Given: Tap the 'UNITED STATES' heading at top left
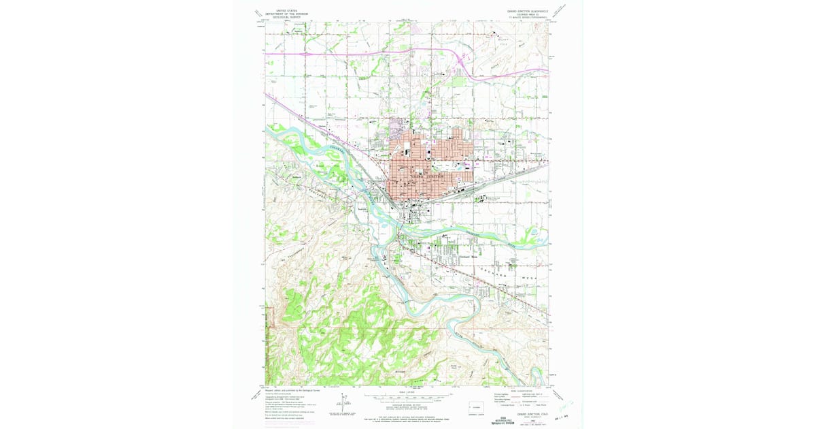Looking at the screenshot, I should coord(286,10).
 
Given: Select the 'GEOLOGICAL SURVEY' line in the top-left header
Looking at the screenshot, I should coord(286,17).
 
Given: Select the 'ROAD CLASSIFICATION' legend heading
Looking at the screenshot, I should coord(520,391).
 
